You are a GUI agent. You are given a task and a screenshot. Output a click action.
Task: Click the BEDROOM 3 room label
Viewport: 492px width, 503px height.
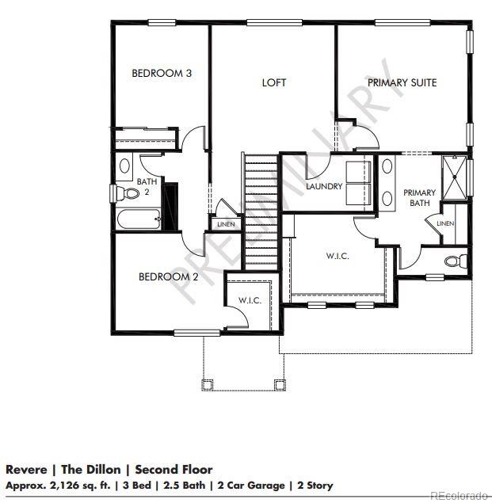click(x=162, y=74)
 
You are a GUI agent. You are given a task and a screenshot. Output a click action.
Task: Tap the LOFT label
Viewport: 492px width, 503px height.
click(x=274, y=82)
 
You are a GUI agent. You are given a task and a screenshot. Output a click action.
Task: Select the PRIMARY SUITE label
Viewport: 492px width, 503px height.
click(x=402, y=82)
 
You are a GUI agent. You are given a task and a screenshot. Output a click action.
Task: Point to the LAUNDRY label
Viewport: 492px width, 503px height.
click(x=324, y=187)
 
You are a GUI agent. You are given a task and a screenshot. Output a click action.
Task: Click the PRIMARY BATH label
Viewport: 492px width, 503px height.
click(x=419, y=198)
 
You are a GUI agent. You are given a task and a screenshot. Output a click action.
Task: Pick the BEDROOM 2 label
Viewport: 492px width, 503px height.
click(x=168, y=276)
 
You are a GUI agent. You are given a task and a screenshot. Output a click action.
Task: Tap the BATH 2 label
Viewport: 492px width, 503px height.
click(x=147, y=186)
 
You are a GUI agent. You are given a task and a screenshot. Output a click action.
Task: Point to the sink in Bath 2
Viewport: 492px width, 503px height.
click(x=124, y=166)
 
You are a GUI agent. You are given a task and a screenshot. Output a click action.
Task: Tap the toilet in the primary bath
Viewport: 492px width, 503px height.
click(x=453, y=261)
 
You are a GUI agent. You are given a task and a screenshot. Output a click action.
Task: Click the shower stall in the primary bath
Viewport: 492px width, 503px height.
click(x=453, y=179)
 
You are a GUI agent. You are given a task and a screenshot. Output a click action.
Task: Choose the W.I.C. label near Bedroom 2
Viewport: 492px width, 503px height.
click(x=250, y=300)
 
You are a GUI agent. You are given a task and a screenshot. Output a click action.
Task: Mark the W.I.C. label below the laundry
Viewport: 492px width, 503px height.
click(x=338, y=256)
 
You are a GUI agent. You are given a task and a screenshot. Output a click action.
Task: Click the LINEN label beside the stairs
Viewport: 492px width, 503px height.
click(x=225, y=225)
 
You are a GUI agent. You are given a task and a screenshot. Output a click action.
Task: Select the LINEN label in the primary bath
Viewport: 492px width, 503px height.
click(x=445, y=224)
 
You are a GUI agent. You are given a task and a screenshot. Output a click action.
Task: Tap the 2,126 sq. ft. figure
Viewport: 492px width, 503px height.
click(x=74, y=485)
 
